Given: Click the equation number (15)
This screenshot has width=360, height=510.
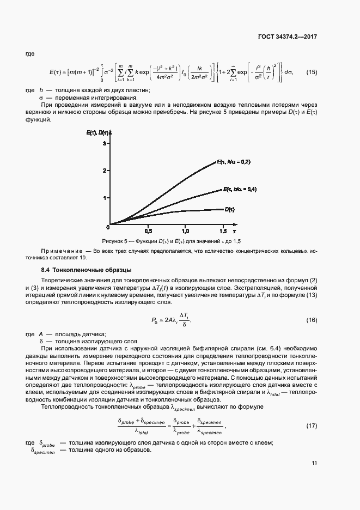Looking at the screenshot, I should coord(311,72).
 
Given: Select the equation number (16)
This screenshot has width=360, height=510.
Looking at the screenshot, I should coord(311,320).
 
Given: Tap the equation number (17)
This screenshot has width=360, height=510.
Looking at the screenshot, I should coord(311,425).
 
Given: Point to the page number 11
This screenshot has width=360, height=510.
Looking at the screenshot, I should coord(314,463).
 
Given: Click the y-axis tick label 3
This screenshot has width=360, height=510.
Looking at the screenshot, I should coord(103,143).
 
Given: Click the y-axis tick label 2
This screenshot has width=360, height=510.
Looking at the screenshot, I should coord(103,171).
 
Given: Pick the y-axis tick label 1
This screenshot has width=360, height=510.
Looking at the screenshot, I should coord(103,198).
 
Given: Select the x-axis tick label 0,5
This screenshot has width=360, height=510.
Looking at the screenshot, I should coord(148,231).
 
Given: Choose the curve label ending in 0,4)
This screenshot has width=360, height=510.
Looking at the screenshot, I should coord(240,189).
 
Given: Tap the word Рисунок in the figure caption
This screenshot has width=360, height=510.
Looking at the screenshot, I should coord(113,241).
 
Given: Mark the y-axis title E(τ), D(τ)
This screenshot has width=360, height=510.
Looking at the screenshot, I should coord(98,132).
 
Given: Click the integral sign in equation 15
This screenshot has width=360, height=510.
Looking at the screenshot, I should coord(101,72).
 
